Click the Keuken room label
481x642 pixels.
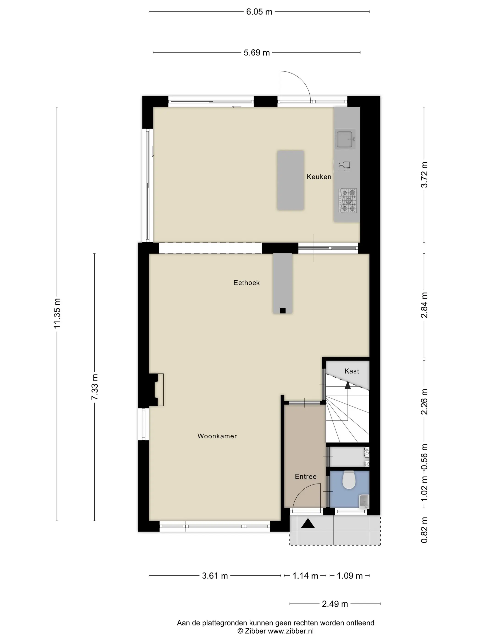[x=319, y=177]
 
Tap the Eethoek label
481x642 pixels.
[x=246, y=283]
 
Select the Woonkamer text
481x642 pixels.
[x=217, y=436]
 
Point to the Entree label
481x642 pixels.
[x=306, y=476]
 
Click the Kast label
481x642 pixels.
[x=352, y=371]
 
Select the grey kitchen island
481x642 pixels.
[x=290, y=180]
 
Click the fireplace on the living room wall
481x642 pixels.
[x=156, y=390]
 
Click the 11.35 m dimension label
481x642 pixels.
[x=57, y=313]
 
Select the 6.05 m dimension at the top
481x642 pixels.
[x=259, y=12]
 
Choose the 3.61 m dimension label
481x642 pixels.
[x=215, y=576]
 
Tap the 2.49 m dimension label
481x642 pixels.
[x=335, y=604]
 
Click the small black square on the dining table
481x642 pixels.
[x=283, y=310]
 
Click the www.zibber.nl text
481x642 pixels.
[x=290, y=631]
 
